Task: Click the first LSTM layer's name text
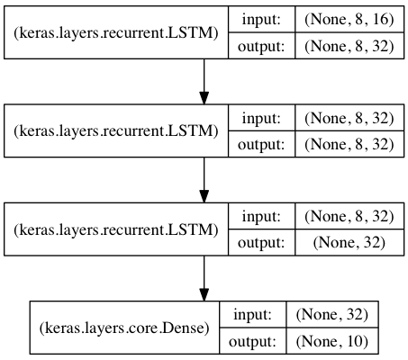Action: (x=116, y=32)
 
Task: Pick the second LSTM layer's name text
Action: (x=116, y=130)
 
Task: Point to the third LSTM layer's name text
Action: (x=116, y=229)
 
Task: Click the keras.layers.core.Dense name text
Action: (x=124, y=328)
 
